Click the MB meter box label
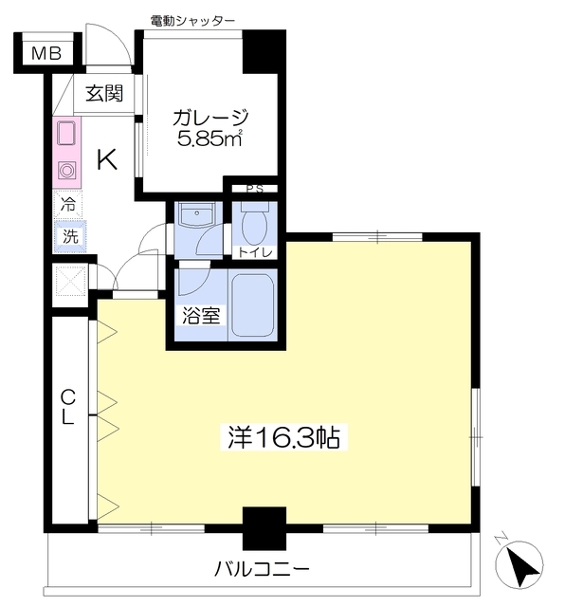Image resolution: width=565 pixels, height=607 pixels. pyautogui.click(x=46, y=53)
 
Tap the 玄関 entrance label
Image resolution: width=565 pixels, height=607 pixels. pyautogui.click(x=104, y=93)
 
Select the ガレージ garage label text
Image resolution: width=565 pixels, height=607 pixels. pyautogui.click(x=210, y=118)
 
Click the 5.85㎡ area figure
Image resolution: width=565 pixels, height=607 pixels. pyautogui.click(x=210, y=138)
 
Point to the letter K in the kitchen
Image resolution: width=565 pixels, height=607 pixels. pyautogui.click(x=107, y=160)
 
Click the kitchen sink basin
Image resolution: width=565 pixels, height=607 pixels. pyautogui.click(x=66, y=134)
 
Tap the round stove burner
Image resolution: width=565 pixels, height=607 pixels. pyautogui.click(x=66, y=171)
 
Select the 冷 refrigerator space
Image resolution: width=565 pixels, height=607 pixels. pyautogui.click(x=68, y=205)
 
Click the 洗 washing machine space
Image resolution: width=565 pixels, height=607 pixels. pyautogui.click(x=70, y=236)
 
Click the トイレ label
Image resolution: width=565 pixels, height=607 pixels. pyautogui.click(x=255, y=253)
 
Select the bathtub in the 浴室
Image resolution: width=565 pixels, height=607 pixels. pyautogui.click(x=253, y=305)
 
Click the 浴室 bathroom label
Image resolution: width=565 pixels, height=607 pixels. pyautogui.click(x=201, y=316)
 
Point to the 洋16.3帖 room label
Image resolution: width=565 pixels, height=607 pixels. pyautogui.click(x=283, y=437)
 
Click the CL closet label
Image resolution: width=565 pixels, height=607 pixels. pyautogui.click(x=68, y=407)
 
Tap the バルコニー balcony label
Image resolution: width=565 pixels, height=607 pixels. pyautogui.click(x=263, y=569)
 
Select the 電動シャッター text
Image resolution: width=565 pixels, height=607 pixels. pyautogui.click(x=192, y=21)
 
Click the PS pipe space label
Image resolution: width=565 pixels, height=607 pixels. pyautogui.click(x=255, y=189)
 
